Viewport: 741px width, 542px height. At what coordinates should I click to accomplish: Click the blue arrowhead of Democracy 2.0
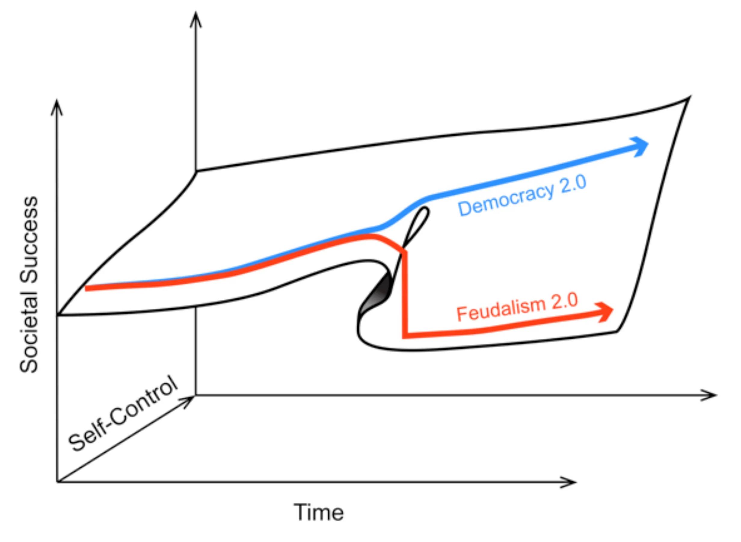pos(640,146)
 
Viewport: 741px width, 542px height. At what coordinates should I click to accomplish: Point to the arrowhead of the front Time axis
pos(569,482)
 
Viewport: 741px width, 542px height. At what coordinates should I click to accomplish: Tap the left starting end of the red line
pos(87,288)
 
